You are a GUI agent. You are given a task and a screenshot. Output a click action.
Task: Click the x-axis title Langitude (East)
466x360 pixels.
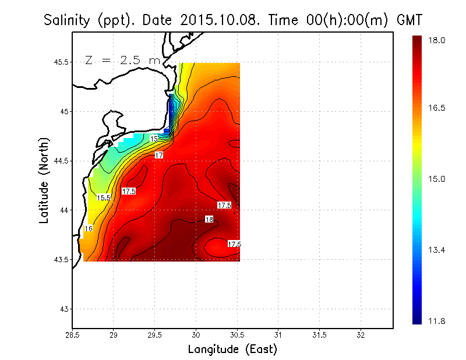click(232, 349)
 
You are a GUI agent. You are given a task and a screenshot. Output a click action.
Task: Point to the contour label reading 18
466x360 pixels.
click(209, 219)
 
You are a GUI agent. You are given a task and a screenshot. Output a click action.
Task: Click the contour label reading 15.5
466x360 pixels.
click(104, 198)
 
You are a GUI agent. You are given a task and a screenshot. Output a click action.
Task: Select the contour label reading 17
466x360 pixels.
click(159, 156)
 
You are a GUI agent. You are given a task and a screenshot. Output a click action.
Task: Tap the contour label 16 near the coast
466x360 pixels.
click(89, 229)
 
